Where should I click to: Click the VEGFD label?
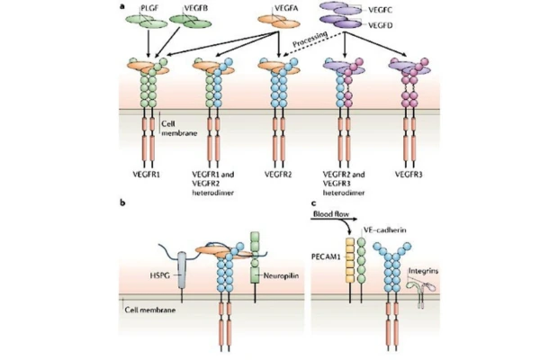coord(373,21)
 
